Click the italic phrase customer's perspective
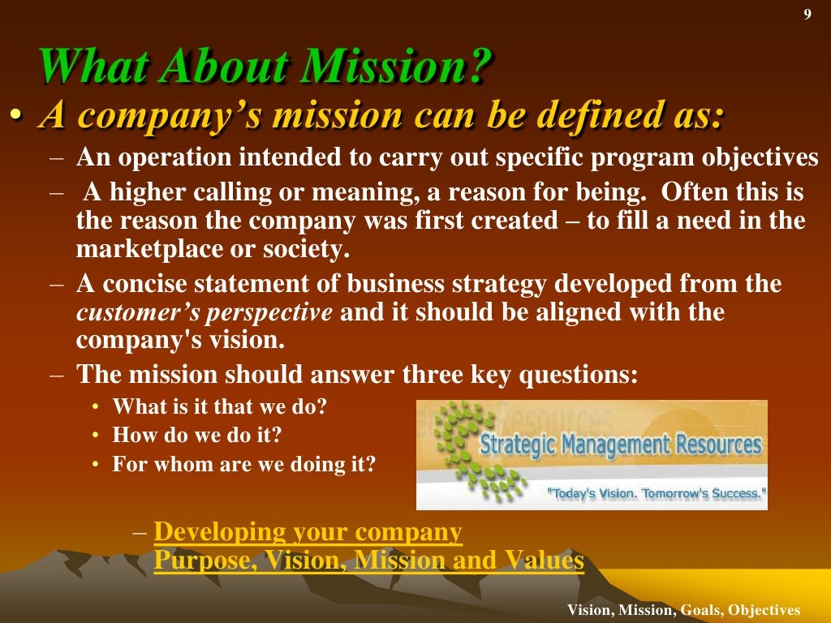pyautogui.click(x=205, y=312)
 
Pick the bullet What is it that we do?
pyautogui.click(x=219, y=406)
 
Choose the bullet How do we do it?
pyautogui.click(x=196, y=436)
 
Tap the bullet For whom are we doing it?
pyautogui.click(x=243, y=465)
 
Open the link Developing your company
pyautogui.click(x=308, y=532)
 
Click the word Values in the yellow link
pyautogui.click(x=545, y=561)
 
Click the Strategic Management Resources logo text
pyautogui.click(x=620, y=445)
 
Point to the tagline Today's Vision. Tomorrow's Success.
pyautogui.click(x=657, y=492)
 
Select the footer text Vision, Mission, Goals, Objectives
pyautogui.click(x=683, y=610)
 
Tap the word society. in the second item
pyautogui.click(x=308, y=249)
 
